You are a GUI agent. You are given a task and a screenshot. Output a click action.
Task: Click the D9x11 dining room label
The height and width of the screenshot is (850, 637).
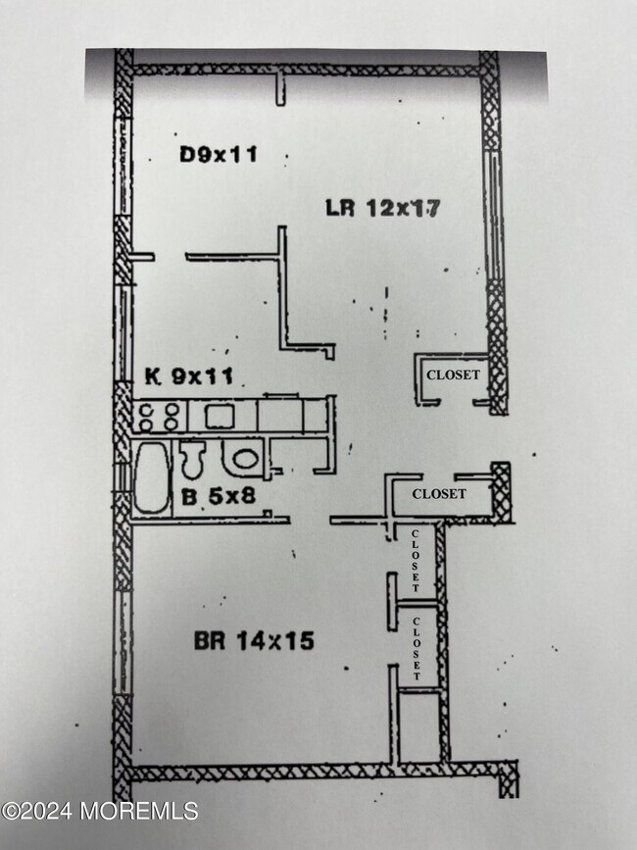[220, 154]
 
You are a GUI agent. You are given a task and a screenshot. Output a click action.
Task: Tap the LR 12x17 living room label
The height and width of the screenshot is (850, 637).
[383, 208]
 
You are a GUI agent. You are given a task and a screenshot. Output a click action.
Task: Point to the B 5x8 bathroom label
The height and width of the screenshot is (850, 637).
[218, 496]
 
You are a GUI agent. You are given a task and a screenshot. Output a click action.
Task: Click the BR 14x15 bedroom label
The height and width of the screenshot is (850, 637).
[254, 642]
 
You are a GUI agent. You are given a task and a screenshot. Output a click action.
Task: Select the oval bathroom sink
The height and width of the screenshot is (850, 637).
[241, 457]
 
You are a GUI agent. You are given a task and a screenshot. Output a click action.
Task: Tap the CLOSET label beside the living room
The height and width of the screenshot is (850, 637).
[453, 375]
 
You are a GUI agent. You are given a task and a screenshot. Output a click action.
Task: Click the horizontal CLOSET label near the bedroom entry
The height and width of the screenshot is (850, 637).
[439, 494]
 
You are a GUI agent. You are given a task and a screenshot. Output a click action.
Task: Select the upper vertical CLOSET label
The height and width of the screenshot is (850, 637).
[416, 560]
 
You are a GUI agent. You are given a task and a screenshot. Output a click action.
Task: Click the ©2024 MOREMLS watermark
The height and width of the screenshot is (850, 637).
[100, 811]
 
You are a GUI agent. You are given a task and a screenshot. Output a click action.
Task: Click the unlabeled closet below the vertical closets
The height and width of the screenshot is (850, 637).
[419, 725]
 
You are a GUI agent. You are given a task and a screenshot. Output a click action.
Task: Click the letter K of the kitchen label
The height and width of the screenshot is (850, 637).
[152, 375]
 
